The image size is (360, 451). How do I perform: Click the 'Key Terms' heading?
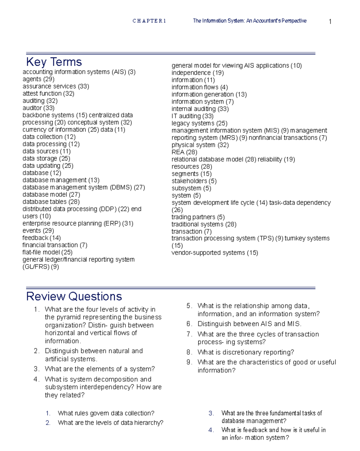[54, 62]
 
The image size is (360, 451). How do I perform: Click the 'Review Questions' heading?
[74, 296]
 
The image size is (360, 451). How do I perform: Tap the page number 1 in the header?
[330, 22]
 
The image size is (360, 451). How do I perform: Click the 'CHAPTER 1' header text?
[149, 21]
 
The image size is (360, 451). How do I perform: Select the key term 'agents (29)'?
[38, 79]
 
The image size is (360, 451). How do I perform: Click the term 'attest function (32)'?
[48, 94]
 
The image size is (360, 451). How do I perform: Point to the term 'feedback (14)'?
[41, 238]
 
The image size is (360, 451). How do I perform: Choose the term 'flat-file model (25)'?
[47, 252]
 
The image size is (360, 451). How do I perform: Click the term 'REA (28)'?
[184, 152]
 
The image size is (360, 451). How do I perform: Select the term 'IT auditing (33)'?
[192, 116]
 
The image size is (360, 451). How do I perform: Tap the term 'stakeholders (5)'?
[194, 181]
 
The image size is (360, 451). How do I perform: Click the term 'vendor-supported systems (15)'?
[214, 253]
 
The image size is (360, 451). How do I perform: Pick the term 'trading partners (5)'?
[198, 217]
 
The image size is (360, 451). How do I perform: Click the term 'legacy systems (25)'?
[199, 123]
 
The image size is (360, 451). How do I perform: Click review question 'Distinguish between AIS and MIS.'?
[249, 324]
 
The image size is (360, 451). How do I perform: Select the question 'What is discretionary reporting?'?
[246, 352]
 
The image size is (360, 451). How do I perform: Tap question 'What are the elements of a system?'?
[100, 369]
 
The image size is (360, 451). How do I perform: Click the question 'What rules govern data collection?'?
[106, 413]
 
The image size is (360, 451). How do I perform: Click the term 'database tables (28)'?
[51, 202]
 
